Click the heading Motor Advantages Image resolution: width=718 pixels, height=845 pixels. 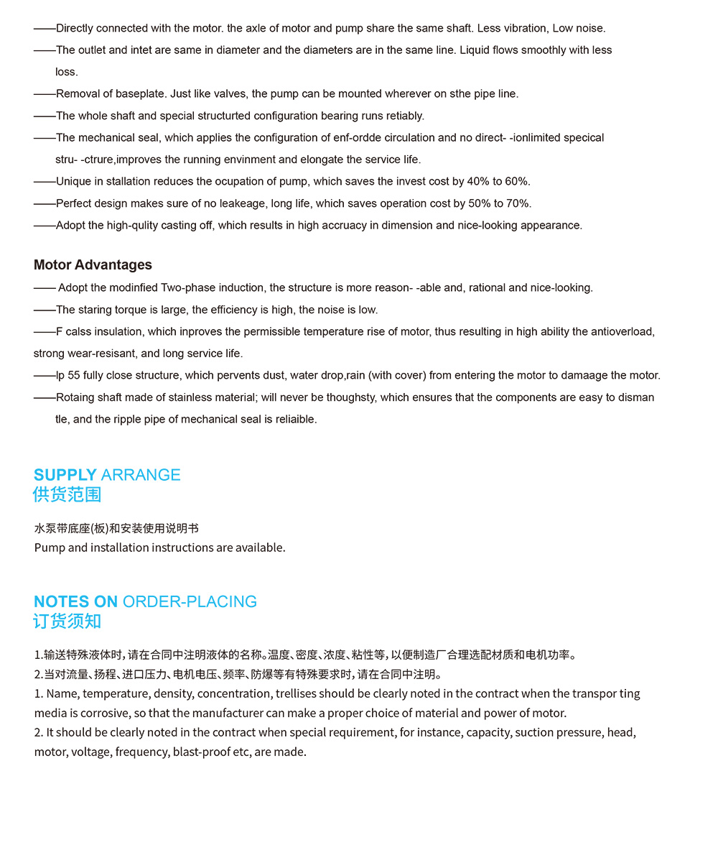pos(93,265)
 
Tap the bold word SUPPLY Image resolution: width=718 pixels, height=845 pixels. pos(65,475)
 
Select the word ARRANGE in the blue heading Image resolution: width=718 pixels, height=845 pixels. pos(141,475)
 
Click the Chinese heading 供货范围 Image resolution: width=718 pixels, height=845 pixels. pos(67,495)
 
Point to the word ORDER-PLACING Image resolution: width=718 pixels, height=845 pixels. pos(190,601)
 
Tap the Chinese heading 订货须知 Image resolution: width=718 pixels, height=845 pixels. pos(67,622)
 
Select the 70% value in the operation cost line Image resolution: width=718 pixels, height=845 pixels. pos(517,203)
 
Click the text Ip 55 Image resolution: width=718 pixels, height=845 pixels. pos(68,376)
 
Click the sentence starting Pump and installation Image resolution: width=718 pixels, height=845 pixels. pos(159,548)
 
